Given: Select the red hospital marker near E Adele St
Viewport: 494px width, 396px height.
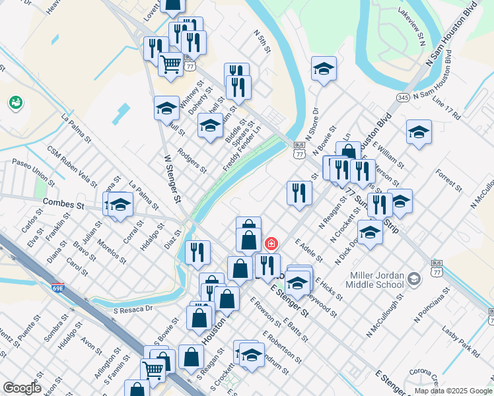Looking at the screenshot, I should click(x=270, y=244).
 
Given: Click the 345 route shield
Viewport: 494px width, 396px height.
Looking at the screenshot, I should click(x=403, y=97).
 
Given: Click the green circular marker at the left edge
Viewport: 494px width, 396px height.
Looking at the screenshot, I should click(x=15, y=103).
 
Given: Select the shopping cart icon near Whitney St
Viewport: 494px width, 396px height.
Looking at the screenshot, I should click(x=170, y=65).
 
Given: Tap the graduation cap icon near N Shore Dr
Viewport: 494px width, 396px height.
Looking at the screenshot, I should click(x=324, y=68).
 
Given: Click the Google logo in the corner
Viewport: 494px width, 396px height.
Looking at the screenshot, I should click(x=22, y=388).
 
